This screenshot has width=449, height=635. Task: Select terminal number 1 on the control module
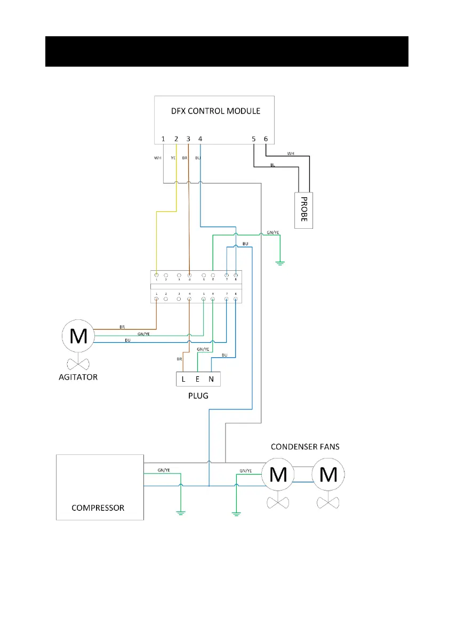tap(163, 139)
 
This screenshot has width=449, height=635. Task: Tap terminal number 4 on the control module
tap(200, 139)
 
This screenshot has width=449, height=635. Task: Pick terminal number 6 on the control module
tap(266, 139)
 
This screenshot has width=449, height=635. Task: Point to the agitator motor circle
tap(78, 336)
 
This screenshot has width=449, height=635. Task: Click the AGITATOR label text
tap(78, 377)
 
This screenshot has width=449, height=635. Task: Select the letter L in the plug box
tap(184, 380)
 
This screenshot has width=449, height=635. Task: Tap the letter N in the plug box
tap(212, 380)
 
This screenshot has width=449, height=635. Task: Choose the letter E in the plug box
tap(198, 380)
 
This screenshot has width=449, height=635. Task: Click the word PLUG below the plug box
tap(198, 396)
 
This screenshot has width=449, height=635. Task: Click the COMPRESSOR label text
tap(98, 508)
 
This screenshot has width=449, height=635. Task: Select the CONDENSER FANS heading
tap(306, 446)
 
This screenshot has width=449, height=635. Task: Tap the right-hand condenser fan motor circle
tap(328, 474)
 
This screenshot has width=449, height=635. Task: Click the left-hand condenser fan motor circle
tap(277, 474)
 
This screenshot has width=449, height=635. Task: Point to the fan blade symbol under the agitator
tap(78, 364)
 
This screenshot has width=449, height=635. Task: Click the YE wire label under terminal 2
tap(173, 158)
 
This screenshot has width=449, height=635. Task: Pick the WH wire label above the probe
tap(291, 154)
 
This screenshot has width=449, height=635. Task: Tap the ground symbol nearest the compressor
tap(181, 513)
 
